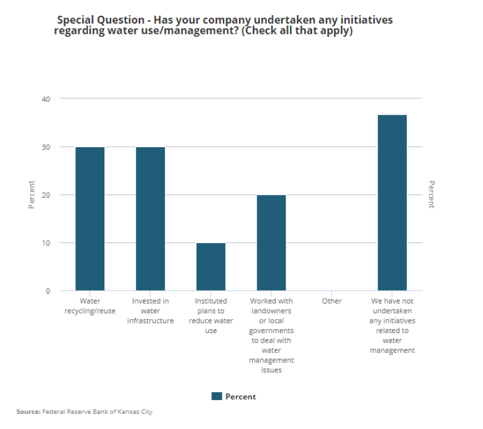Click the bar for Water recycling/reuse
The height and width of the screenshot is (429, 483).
click(x=90, y=219)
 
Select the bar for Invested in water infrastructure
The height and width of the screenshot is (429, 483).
click(x=150, y=219)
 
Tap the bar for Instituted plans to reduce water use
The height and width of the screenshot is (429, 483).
click(x=211, y=267)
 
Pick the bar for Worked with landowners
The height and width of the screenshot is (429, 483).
click(x=271, y=243)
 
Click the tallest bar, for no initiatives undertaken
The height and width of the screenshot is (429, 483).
click(x=392, y=203)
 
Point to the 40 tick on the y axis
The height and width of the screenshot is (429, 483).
click(x=46, y=98)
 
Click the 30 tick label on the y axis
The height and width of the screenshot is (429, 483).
click(x=46, y=147)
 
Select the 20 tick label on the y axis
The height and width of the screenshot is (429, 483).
click(x=46, y=195)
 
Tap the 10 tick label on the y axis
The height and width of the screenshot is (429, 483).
click(x=46, y=243)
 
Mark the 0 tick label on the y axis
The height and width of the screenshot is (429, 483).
click(x=48, y=291)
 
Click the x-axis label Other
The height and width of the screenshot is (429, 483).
click(x=331, y=301)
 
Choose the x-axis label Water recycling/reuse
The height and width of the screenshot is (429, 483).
click(x=90, y=306)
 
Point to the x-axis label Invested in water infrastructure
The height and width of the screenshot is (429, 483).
click(x=150, y=311)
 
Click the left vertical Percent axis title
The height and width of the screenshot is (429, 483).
click(x=31, y=195)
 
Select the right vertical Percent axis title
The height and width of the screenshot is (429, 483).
click(x=432, y=195)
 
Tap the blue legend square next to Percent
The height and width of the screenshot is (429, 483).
click(x=217, y=396)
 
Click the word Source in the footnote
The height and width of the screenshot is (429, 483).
click(x=28, y=412)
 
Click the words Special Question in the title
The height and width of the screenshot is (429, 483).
click(x=98, y=20)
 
